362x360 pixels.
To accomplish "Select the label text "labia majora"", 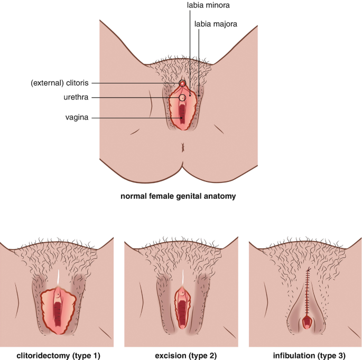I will [x=216, y=24].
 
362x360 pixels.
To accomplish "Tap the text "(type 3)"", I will [x=328, y=355].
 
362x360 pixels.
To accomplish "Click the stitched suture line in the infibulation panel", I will [x=307, y=291].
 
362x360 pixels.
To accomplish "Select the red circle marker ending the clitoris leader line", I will [x=182, y=84].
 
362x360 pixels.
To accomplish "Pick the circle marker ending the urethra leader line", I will [x=183, y=98].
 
